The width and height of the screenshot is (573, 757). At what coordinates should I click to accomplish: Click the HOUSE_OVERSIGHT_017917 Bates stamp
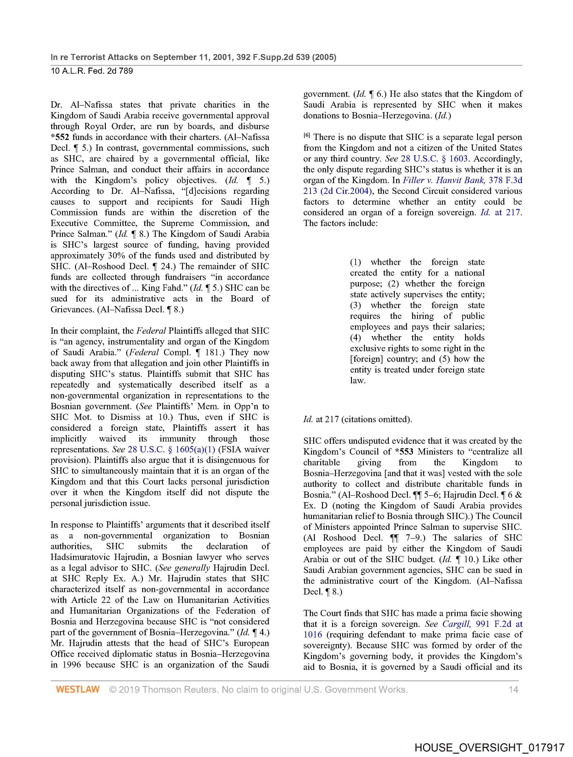click(x=489, y=747)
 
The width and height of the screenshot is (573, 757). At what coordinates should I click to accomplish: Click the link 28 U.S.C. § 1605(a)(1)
click(x=171, y=449)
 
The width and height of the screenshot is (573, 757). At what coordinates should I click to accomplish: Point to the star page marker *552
click(x=60, y=137)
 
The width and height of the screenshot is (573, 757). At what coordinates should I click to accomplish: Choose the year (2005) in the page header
click(x=324, y=57)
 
